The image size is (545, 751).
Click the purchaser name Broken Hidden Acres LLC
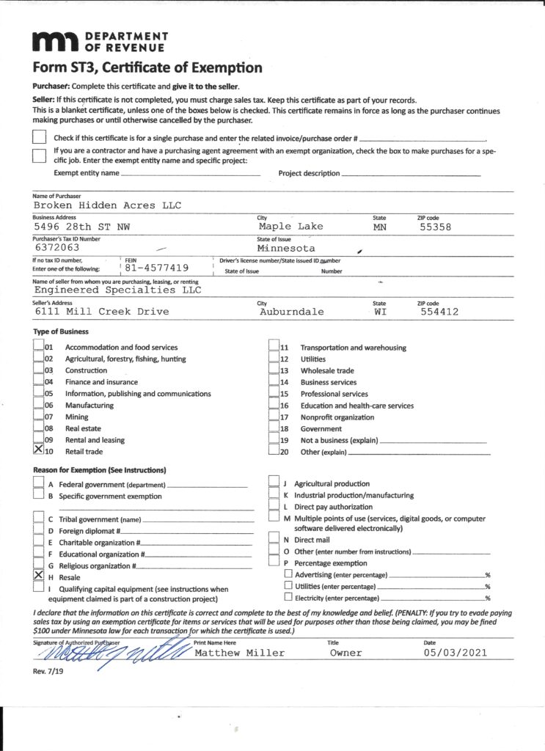(x=107, y=205)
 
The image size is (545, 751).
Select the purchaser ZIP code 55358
(x=436, y=227)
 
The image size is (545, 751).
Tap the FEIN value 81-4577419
(x=157, y=268)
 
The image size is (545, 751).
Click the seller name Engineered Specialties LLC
(x=117, y=290)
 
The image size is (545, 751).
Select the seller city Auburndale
(x=291, y=312)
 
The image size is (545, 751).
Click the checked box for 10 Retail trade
(x=39, y=451)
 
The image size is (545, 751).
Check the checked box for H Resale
(x=39, y=576)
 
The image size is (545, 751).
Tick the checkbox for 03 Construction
(x=39, y=370)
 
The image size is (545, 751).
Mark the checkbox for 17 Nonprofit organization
(x=274, y=417)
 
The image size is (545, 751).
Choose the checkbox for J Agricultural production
(x=274, y=483)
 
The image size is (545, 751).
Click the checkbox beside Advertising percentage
(x=288, y=574)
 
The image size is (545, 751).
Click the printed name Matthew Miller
(x=239, y=653)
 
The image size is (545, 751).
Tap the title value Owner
(x=345, y=653)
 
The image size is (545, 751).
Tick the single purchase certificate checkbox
(x=40, y=138)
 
